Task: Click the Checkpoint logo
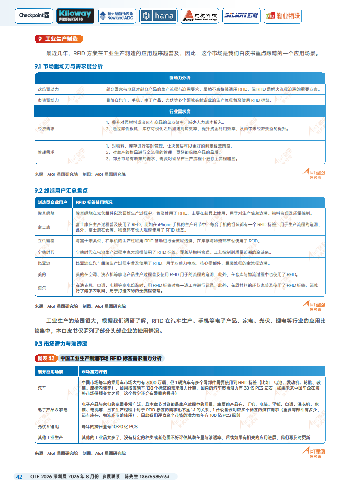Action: tap(35, 15)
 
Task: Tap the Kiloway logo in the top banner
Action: tap(75, 15)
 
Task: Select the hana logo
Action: tap(158, 15)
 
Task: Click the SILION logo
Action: tap(241, 15)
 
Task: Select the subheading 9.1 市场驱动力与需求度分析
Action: tap(69, 66)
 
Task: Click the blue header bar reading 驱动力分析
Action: tap(180, 78)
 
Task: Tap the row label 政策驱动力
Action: tap(48, 89)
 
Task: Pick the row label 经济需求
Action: tap(46, 129)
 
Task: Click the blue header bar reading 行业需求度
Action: tap(180, 111)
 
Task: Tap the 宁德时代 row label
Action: tap(46, 252)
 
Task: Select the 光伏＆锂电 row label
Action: tap(48, 427)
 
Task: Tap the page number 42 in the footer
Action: tap(19, 476)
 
